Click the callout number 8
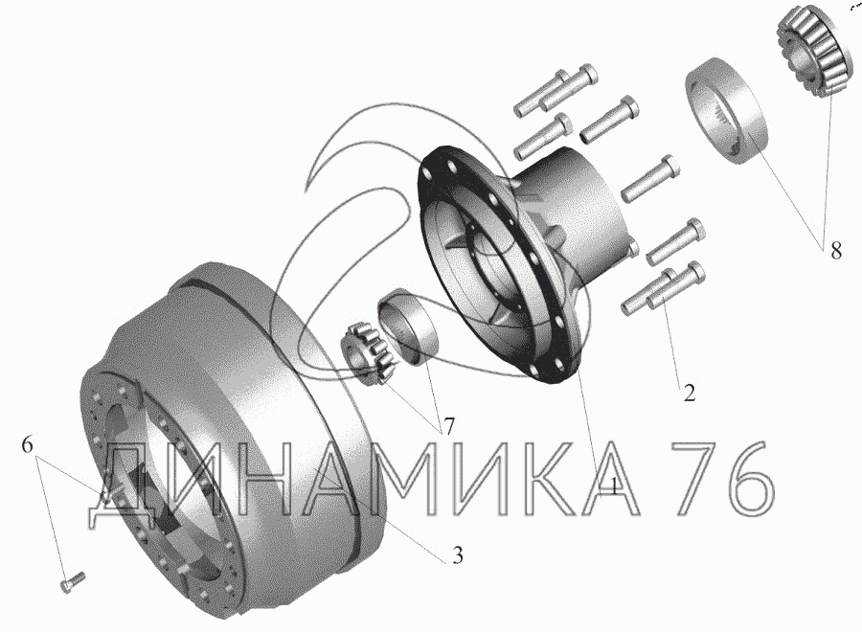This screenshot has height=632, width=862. pyautogui.click(x=835, y=251)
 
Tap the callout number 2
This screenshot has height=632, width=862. pyautogui.click(x=690, y=393)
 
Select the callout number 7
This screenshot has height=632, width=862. pyautogui.click(x=449, y=426)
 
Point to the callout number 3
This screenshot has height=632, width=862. pyautogui.click(x=458, y=555)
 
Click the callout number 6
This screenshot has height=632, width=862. pyautogui.click(x=28, y=444)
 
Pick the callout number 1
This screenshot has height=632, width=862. pyautogui.click(x=610, y=485)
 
